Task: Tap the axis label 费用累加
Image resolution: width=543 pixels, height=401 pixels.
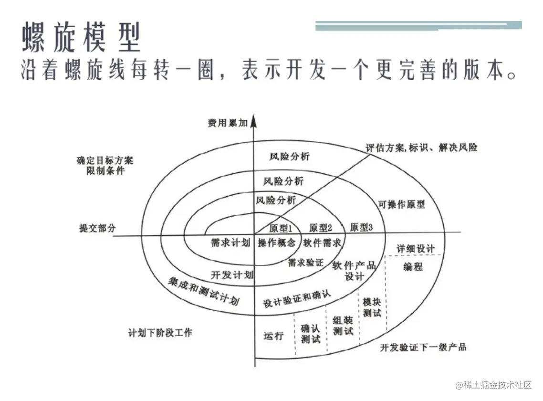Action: (x=227, y=123)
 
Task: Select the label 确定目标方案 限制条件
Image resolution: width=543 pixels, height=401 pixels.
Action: (x=105, y=165)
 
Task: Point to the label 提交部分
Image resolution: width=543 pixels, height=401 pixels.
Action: (x=97, y=228)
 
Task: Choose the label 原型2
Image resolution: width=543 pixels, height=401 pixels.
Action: (x=321, y=228)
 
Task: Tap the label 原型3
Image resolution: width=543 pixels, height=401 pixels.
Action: (x=361, y=227)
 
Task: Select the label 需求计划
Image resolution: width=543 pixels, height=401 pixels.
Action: (x=230, y=243)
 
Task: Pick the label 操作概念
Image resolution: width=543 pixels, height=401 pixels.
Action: (x=277, y=243)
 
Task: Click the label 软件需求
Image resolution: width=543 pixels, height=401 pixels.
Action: (x=323, y=243)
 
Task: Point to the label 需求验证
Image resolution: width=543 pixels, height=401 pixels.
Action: (x=306, y=262)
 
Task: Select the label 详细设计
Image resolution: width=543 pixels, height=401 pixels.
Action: (x=416, y=249)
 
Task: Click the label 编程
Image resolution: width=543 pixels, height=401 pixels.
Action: (x=413, y=266)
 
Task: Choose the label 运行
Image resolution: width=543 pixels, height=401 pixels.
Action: (x=273, y=336)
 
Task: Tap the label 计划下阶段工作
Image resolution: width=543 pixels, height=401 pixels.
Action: (x=160, y=332)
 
